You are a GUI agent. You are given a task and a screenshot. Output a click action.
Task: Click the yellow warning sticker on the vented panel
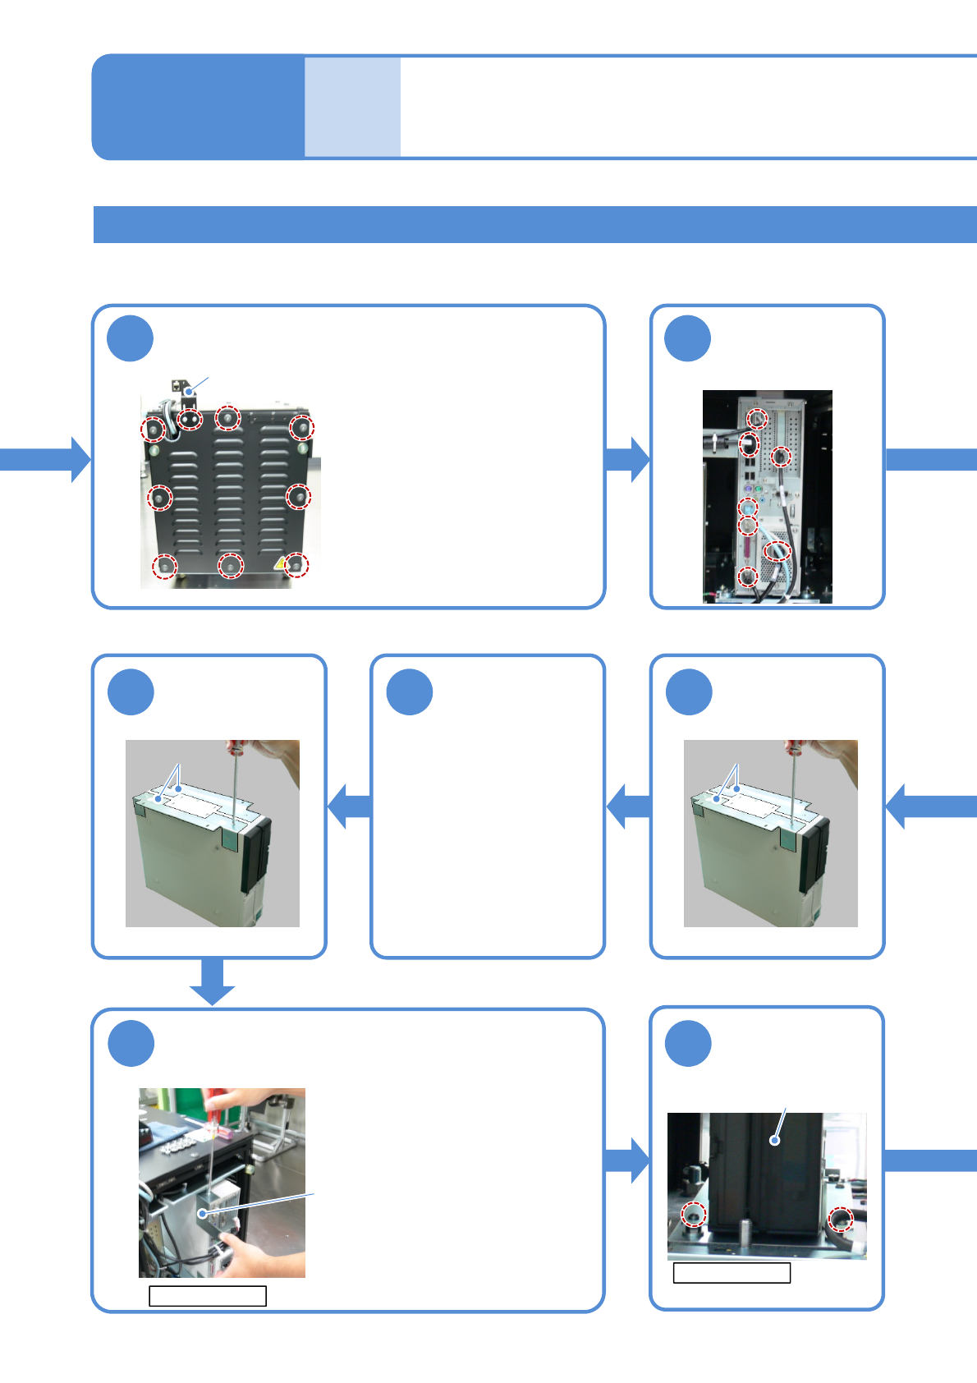pos(281,563)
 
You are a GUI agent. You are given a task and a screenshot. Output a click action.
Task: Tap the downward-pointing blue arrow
pos(212,981)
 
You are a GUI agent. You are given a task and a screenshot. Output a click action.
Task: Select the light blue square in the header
pos(352,107)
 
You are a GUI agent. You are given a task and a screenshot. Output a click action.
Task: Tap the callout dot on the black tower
pos(773,1140)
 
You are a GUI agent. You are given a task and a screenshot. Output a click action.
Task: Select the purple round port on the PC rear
pos(748,489)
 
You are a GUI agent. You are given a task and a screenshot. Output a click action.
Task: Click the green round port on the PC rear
pos(759,489)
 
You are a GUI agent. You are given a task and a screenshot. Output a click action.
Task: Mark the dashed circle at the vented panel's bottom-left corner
pos(165,566)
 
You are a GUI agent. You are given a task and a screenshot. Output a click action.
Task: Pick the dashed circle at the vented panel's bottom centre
pos(231,565)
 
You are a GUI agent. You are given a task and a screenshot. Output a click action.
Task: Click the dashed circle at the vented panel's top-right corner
pos(301,427)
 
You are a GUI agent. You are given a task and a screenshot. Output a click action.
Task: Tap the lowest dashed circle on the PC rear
pos(747,577)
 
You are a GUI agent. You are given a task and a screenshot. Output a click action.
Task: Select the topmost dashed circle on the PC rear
pos(759,419)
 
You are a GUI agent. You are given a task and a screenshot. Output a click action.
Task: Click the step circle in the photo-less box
pos(410,692)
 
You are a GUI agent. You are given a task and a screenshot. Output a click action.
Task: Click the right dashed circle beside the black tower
pos(840,1220)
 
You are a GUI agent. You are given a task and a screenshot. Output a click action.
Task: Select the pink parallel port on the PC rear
pos(748,548)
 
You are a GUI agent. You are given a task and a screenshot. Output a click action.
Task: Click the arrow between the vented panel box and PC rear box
pos(628,459)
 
